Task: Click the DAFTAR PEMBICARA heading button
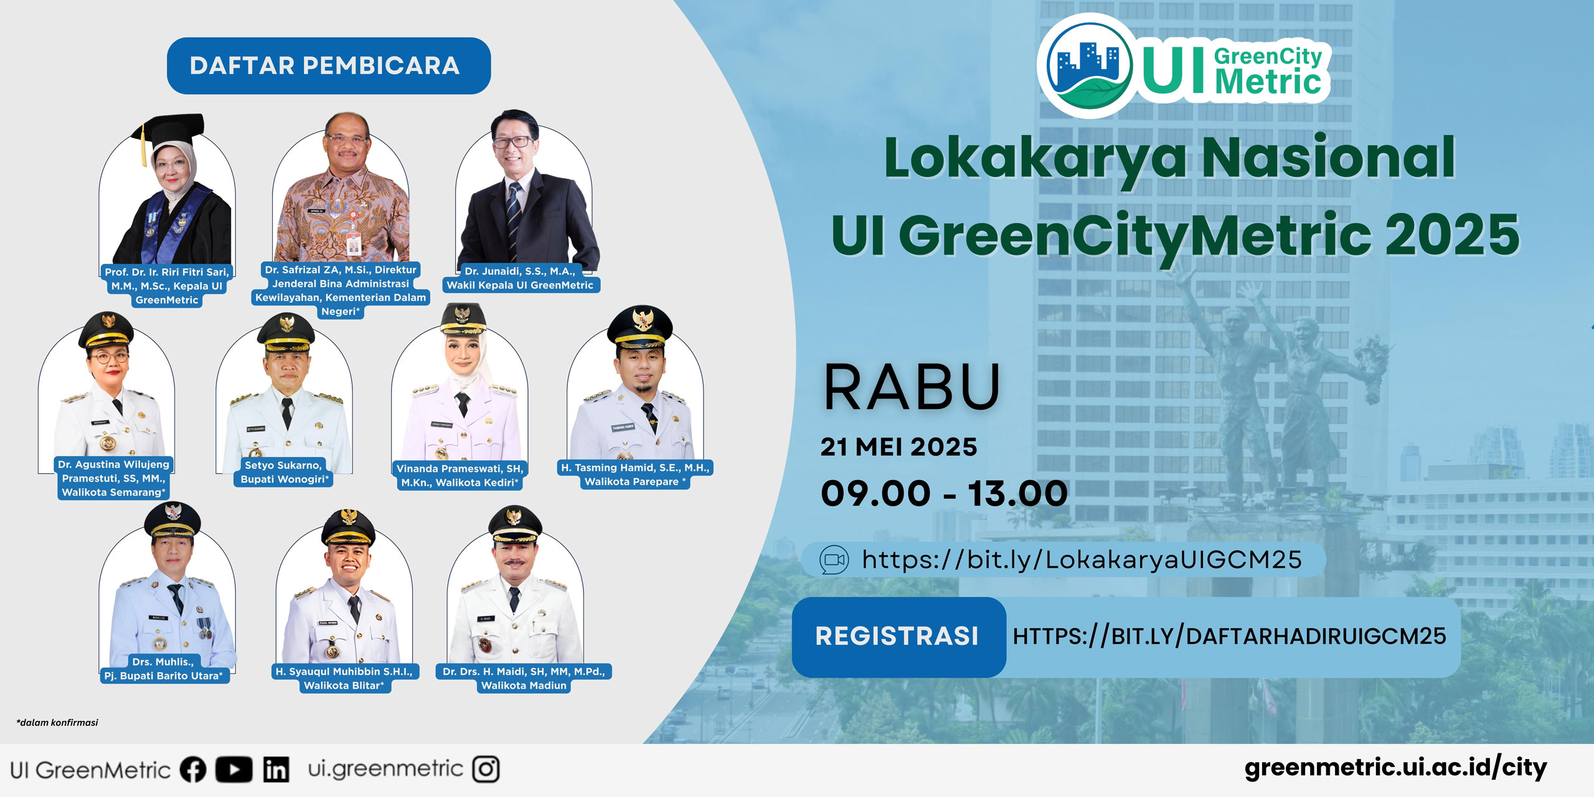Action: (329, 66)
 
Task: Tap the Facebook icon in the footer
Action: (193, 770)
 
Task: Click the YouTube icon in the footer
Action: (234, 770)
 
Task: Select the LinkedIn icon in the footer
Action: (276, 770)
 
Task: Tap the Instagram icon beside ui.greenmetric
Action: (486, 769)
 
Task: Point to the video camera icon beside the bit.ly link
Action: (834, 560)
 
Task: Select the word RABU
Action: (912, 387)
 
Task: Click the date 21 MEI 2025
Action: (898, 447)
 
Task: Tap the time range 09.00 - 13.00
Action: (944, 494)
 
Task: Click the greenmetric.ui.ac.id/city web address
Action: (1395, 768)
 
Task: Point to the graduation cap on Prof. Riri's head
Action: (167, 132)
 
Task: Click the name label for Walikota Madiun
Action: (524, 679)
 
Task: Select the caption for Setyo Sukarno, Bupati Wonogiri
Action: (284, 472)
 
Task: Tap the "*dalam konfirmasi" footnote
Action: (57, 723)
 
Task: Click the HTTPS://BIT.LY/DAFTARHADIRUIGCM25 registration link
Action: (1229, 636)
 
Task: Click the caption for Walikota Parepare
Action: (635, 474)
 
